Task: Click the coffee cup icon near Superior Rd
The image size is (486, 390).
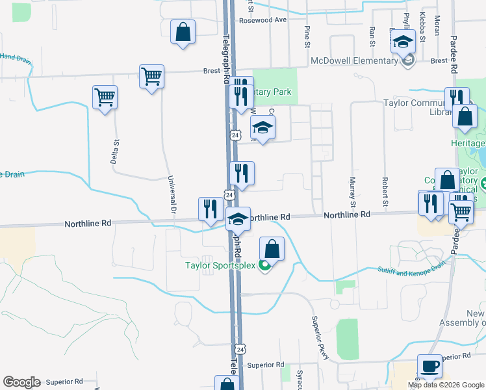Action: (429, 367)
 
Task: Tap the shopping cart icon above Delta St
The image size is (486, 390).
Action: (105, 98)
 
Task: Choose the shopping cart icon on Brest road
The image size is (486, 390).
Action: (151, 77)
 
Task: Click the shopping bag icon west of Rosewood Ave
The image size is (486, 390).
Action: (183, 31)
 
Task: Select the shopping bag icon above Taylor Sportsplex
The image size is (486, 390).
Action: (272, 249)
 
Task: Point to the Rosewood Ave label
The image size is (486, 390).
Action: (262, 19)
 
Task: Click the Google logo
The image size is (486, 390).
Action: (21, 382)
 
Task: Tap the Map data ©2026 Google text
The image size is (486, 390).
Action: (446, 385)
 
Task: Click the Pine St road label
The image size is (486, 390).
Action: (305, 36)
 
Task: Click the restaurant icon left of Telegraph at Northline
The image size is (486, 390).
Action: (209, 209)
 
